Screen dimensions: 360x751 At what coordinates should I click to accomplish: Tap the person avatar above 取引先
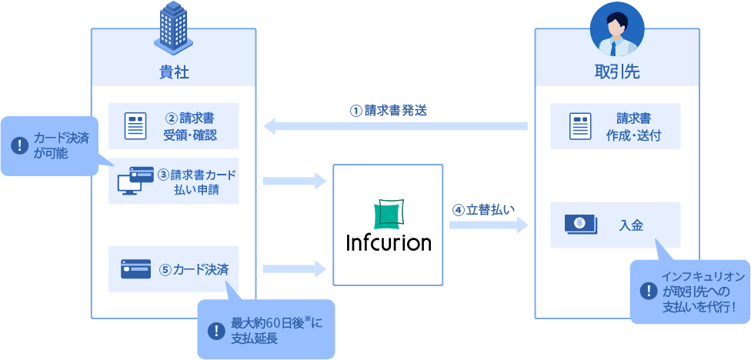(616, 29)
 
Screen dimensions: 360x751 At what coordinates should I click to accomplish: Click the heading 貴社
(174, 72)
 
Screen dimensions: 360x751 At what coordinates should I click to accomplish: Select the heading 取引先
(617, 72)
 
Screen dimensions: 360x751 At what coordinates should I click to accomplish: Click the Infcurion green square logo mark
(388, 213)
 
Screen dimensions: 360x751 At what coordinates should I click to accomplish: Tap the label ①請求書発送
(389, 110)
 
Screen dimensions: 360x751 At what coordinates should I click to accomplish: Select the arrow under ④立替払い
(488, 225)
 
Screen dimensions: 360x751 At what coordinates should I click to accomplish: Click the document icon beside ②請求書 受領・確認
(135, 126)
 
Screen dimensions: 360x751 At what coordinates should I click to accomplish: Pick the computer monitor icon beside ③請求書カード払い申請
(130, 181)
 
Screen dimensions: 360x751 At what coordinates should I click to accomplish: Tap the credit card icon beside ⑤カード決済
(135, 269)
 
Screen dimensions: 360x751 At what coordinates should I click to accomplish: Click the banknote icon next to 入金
(581, 225)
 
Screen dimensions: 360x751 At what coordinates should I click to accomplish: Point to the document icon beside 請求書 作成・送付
(579, 126)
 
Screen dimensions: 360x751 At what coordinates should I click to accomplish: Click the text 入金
(631, 225)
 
